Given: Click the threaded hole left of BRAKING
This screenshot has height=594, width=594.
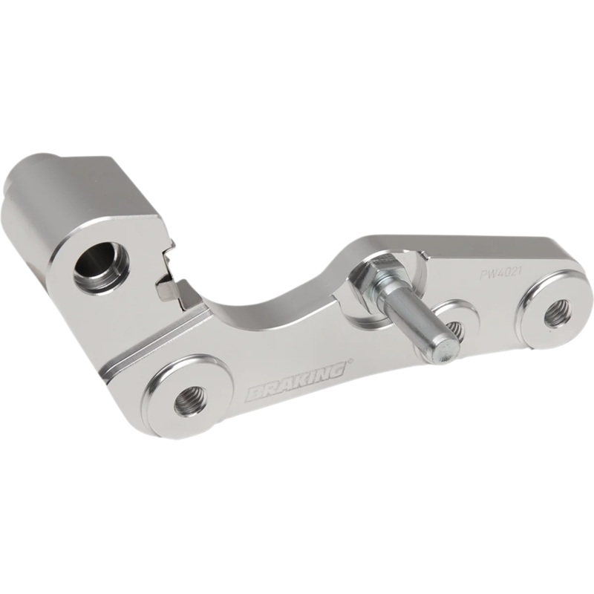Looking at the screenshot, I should pos(188,401).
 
